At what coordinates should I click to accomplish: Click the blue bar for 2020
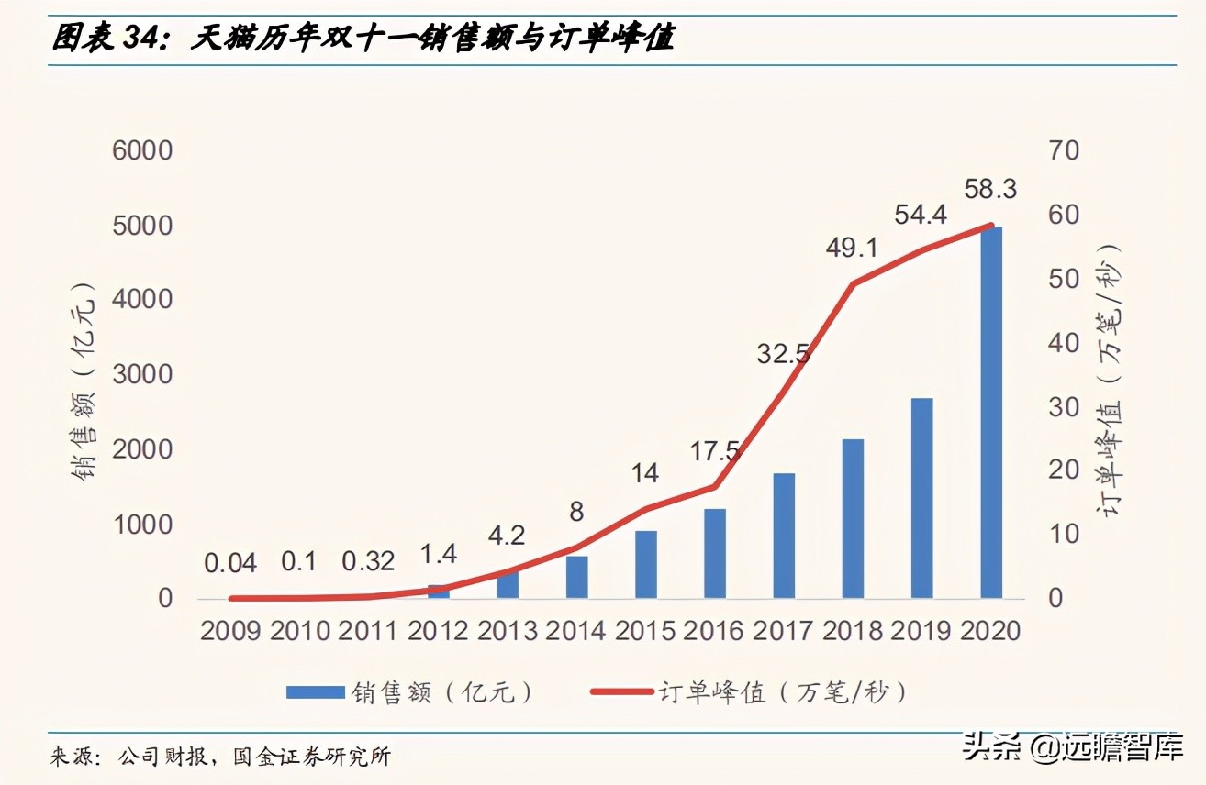(990, 413)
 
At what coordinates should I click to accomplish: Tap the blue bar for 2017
(784, 536)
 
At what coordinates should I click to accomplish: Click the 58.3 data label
(990, 190)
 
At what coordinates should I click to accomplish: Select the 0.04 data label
(230, 562)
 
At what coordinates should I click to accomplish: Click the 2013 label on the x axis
(507, 631)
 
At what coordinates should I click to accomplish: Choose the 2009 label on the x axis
(231, 631)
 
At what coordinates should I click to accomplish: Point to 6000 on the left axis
(142, 150)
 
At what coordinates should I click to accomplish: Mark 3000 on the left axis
(142, 374)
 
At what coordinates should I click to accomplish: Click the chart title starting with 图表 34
(363, 39)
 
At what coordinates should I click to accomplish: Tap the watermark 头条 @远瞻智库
(1072, 747)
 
